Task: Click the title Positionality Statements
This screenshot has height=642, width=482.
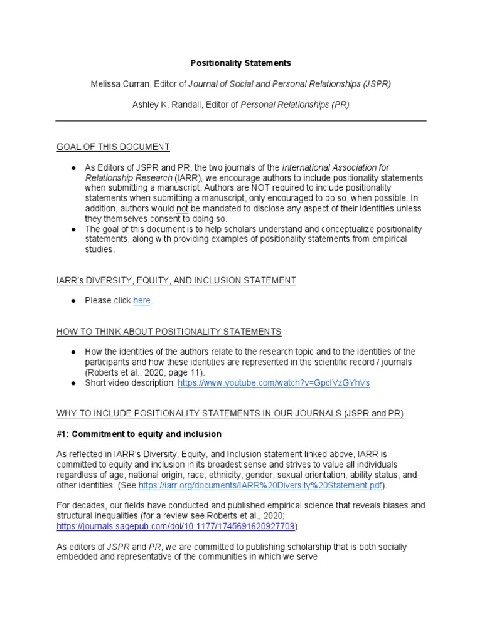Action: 241,63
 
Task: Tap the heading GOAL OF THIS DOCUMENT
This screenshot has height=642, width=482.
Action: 113,147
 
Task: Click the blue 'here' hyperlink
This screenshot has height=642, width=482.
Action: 142,301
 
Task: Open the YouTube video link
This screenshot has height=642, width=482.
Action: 274,382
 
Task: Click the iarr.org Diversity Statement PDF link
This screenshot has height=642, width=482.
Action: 262,485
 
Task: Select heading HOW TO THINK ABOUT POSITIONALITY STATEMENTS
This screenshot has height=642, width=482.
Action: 169,331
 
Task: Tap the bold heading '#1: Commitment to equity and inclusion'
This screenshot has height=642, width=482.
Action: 139,434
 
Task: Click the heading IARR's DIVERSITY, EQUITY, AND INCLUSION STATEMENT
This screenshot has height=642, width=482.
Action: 176,280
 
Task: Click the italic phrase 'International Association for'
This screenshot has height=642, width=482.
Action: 336,168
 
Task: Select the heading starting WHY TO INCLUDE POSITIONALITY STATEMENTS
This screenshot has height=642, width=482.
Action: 230,413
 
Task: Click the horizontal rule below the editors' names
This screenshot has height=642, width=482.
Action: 241,121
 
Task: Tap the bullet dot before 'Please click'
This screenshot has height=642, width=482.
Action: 73,301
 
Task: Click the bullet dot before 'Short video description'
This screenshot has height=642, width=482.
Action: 73,382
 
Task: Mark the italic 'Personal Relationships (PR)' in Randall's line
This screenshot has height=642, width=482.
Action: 295,105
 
